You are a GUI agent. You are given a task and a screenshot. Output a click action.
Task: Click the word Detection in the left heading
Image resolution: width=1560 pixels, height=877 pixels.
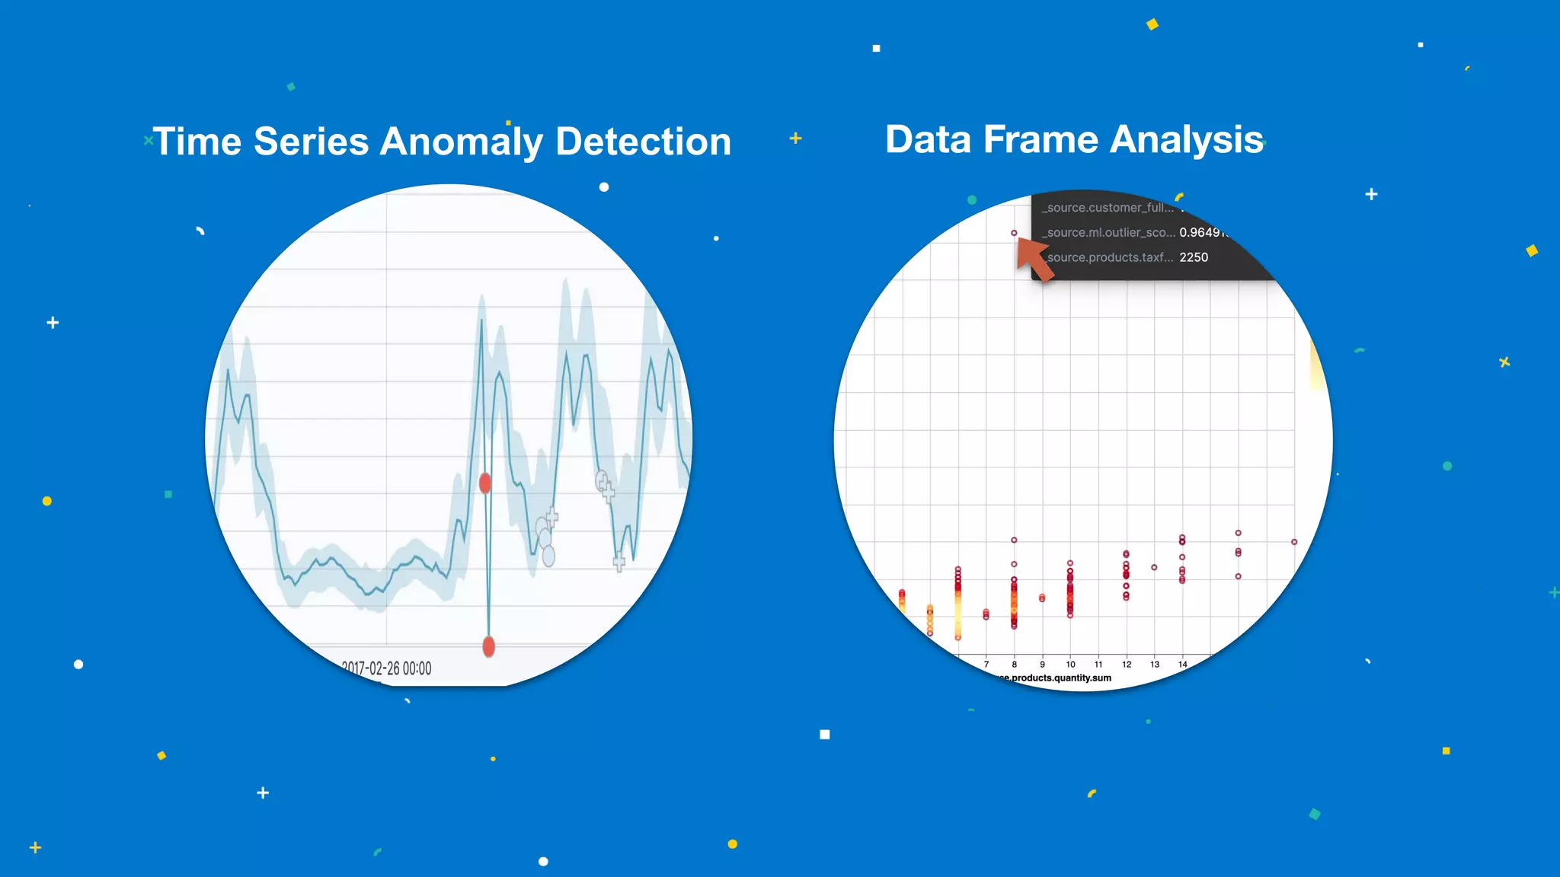click(x=643, y=142)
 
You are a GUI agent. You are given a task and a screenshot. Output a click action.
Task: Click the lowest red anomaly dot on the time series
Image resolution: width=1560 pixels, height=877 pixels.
click(x=489, y=646)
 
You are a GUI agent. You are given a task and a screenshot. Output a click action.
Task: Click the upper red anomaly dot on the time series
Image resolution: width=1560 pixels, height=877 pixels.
click(x=485, y=483)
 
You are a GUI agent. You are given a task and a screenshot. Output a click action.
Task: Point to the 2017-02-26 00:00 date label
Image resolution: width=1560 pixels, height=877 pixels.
click(x=386, y=668)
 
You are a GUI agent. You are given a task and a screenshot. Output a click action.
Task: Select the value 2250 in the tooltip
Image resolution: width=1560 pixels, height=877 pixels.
click(x=1194, y=257)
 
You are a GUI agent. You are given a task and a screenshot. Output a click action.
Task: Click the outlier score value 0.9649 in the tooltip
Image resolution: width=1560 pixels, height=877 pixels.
click(x=1202, y=232)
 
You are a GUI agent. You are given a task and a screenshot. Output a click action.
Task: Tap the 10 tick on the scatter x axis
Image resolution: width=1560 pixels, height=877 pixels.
click(x=1070, y=665)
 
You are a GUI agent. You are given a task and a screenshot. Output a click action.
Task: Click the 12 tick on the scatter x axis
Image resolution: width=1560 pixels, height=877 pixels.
click(x=1127, y=665)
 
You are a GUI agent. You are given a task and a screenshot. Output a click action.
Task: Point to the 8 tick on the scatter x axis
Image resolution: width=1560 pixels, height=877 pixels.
click(x=1014, y=665)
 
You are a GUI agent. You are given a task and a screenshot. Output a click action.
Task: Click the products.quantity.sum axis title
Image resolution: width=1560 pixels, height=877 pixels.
click(x=1055, y=678)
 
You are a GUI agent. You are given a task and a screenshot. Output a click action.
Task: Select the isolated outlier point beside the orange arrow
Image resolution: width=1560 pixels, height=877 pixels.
click(x=1014, y=233)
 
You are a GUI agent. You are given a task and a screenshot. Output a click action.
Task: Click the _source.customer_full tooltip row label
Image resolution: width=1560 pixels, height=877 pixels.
click(x=1108, y=207)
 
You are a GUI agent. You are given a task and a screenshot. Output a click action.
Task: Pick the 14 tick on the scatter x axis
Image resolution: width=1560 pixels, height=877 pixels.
click(x=1182, y=665)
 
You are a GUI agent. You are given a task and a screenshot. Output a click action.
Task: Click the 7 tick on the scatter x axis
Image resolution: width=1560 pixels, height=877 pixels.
click(x=986, y=665)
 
